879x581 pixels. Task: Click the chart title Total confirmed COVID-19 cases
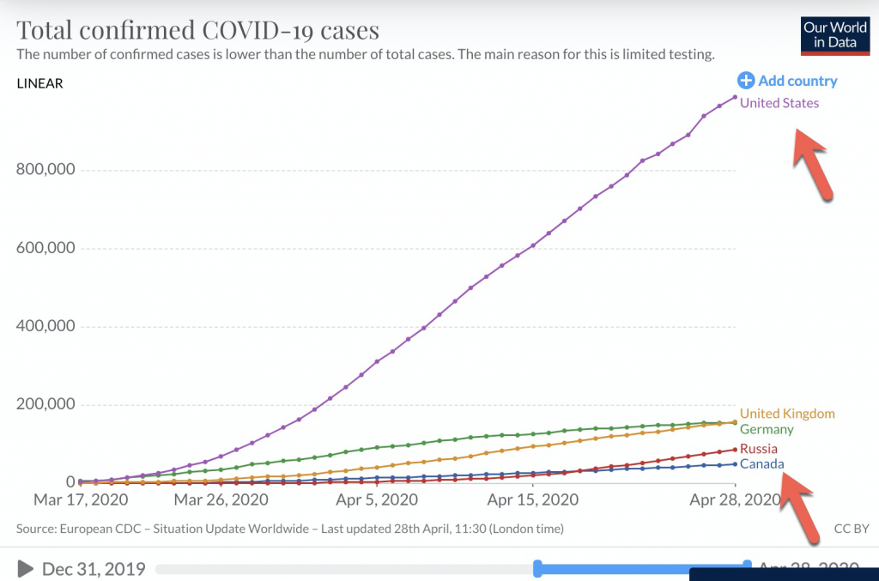click(197, 31)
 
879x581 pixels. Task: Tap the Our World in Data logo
click(835, 36)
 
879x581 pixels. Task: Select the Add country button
click(787, 81)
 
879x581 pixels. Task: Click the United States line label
click(779, 103)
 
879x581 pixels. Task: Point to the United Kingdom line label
click(787, 414)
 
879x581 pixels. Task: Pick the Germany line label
click(767, 429)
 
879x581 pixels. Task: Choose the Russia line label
click(759, 449)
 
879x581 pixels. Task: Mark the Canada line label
click(761, 464)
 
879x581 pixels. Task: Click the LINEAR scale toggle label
click(39, 83)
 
